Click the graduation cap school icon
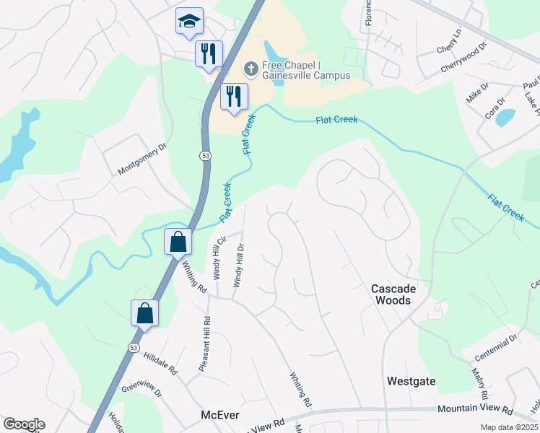coord(189,22)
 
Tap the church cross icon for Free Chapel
coord(251,69)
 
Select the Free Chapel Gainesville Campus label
coord(306,70)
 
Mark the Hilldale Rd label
coord(160,364)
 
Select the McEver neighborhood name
coord(219,416)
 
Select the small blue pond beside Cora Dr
coord(505,117)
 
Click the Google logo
coord(24,424)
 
